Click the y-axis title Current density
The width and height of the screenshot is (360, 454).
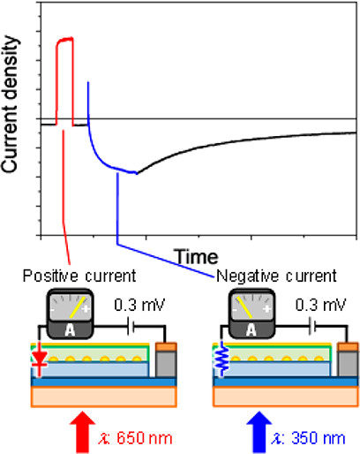(11, 104)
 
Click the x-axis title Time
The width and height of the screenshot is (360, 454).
(197, 257)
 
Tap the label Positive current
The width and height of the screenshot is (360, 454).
(79, 276)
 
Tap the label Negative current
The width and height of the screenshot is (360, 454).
(276, 276)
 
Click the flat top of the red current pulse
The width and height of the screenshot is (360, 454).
(65, 39)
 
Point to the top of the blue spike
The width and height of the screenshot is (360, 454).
(87, 82)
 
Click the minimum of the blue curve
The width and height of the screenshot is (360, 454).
(136, 173)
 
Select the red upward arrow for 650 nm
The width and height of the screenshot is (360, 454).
(82, 432)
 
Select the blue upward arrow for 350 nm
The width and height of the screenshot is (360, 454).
(259, 432)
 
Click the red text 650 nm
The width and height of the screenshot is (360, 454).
(144, 438)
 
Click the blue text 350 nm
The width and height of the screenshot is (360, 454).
(318, 438)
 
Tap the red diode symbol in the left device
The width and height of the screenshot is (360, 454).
(40, 359)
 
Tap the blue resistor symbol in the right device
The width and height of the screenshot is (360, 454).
(222, 359)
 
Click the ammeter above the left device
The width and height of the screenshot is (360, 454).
(70, 314)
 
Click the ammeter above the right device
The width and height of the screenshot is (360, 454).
(251, 314)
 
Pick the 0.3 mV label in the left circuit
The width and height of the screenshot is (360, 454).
(139, 305)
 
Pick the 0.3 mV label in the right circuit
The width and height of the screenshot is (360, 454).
(321, 305)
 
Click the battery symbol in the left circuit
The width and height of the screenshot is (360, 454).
(131, 326)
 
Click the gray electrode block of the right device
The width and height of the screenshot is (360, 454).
(348, 364)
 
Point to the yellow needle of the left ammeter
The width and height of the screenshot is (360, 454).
(78, 307)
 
